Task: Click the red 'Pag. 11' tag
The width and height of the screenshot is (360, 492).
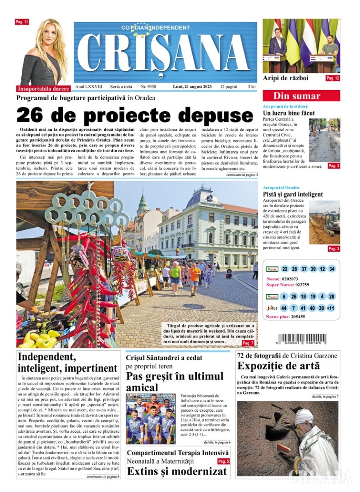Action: (22, 22)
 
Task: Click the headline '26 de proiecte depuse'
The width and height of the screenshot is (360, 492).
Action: (128, 114)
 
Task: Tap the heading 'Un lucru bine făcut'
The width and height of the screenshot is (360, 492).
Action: (288, 113)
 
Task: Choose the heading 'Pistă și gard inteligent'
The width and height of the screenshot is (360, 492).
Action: (293, 194)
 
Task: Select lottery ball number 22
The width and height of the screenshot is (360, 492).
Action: (285, 269)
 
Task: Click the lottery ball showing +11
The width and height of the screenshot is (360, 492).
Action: (330, 308)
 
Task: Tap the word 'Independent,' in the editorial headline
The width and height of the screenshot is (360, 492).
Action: (46, 357)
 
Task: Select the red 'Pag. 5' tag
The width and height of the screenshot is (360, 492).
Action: (223, 461)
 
